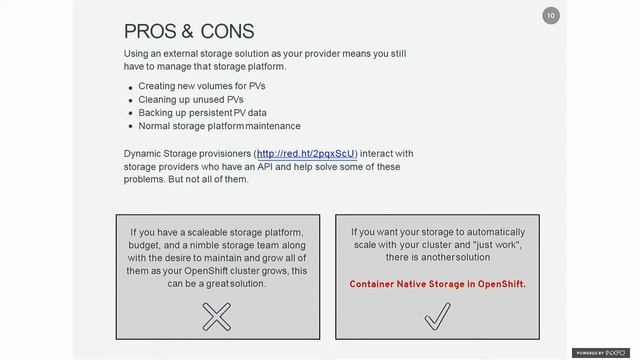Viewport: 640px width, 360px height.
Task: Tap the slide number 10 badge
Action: click(x=550, y=16)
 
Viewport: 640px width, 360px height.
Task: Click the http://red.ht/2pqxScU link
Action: click(x=306, y=153)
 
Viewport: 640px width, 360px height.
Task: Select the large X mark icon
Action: click(x=217, y=317)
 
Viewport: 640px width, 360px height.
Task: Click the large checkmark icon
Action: click(x=438, y=317)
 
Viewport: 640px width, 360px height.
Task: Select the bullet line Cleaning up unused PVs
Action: click(x=190, y=99)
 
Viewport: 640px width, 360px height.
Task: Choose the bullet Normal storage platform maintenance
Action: click(x=219, y=126)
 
